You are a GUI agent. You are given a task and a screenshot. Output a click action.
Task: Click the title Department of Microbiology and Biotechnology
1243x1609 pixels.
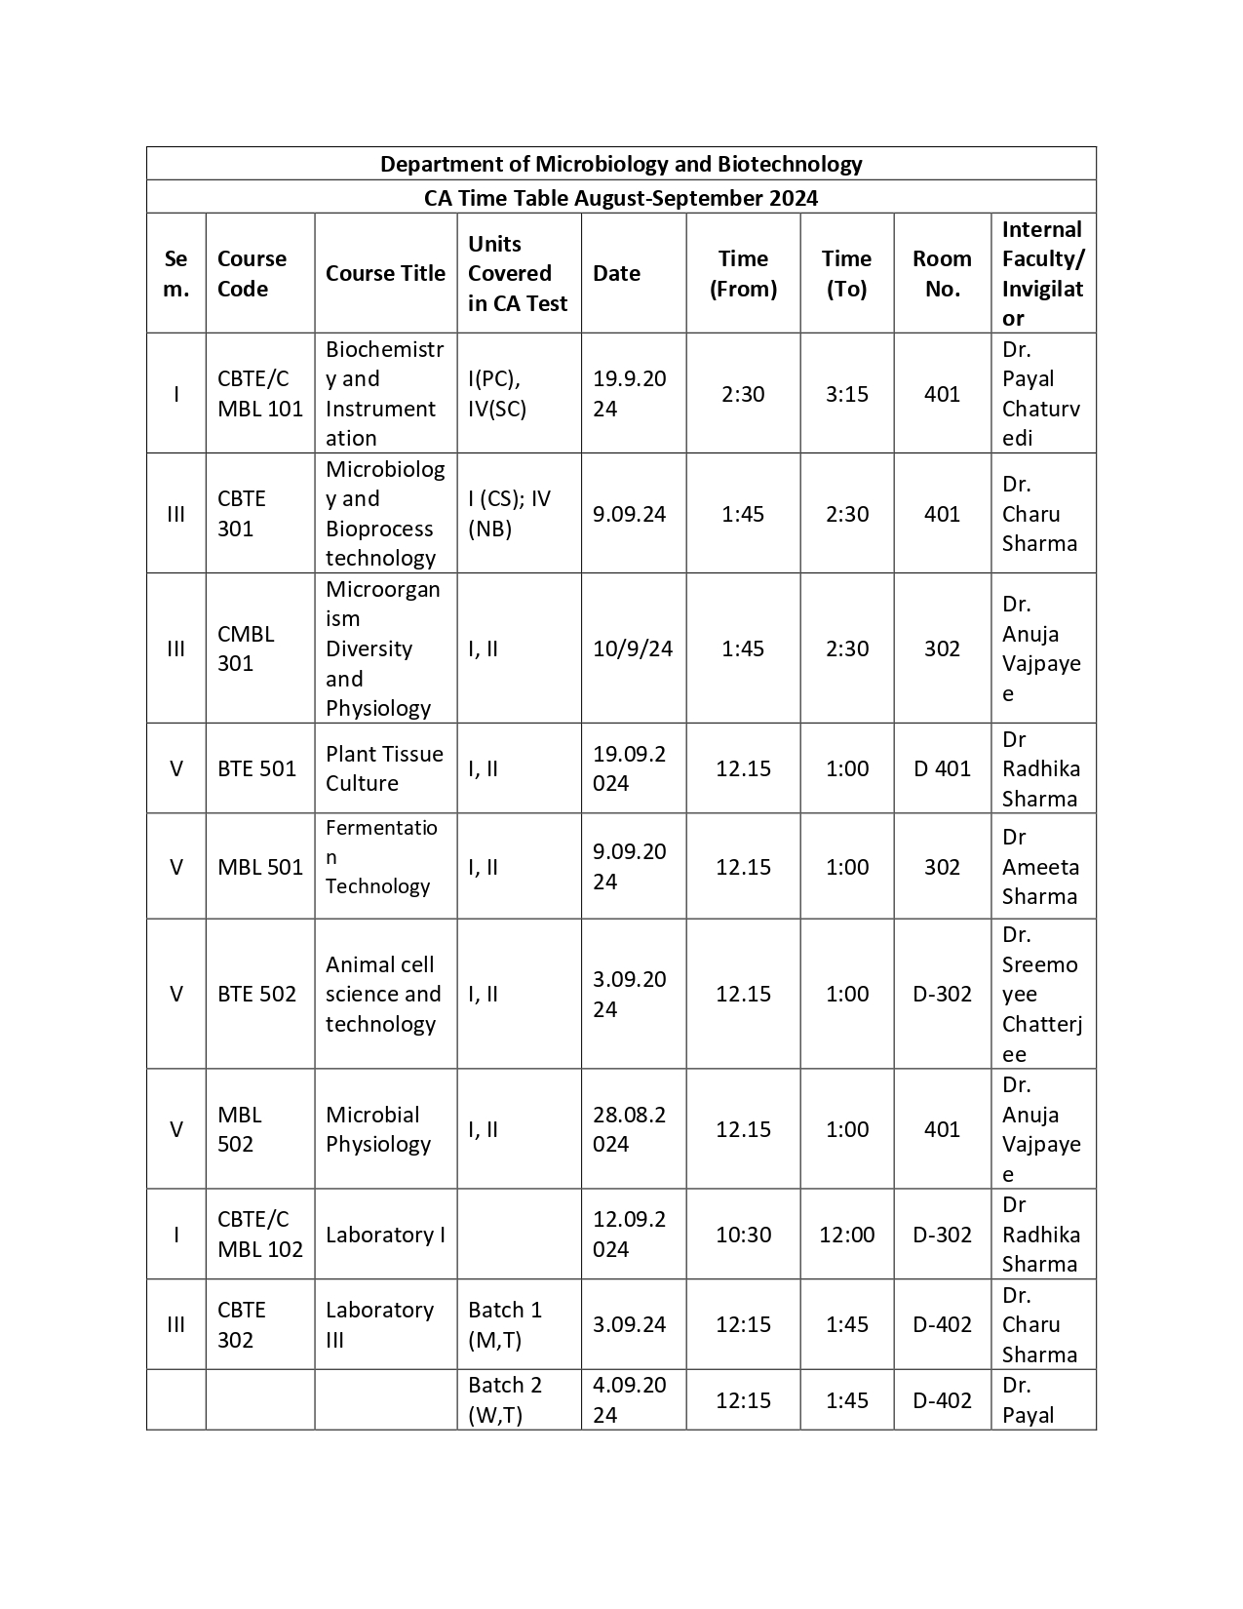pos(621,164)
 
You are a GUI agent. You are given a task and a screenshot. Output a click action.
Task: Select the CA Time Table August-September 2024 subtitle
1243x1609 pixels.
pos(621,198)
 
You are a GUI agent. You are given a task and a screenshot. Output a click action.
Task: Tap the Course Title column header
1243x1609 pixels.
pos(385,274)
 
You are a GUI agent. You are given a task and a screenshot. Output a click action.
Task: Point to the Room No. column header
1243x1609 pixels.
pos(942,274)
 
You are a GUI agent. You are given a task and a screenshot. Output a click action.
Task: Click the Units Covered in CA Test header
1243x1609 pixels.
pos(518,274)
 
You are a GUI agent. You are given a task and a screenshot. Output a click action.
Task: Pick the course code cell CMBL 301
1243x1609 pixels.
pos(246,648)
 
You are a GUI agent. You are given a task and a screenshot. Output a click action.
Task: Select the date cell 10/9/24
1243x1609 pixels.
pos(633,648)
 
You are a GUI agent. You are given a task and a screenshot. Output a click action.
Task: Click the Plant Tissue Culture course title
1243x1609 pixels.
pos(384,768)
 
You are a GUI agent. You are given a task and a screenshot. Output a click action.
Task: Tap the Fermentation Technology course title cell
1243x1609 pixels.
pos(381,857)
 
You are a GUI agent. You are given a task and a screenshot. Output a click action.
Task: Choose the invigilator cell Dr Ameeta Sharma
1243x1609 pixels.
pos(1040,867)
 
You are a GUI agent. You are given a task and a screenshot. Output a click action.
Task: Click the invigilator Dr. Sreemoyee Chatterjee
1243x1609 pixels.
pos(1041,995)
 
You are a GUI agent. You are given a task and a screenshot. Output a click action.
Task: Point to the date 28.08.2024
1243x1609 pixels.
pos(630,1129)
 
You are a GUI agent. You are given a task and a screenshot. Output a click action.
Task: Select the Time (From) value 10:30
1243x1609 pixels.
pos(743,1235)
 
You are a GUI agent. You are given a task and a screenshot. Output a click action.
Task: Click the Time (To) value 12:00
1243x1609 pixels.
pos(846,1235)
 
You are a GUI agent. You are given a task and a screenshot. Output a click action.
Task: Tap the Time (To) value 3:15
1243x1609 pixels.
pos(846,394)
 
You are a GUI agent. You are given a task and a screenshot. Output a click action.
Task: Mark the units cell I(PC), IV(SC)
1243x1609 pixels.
pos(497,394)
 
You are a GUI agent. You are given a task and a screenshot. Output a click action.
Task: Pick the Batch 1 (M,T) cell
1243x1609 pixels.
pos(505,1325)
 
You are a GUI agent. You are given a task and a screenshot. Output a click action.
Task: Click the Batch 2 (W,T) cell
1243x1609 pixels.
pos(505,1400)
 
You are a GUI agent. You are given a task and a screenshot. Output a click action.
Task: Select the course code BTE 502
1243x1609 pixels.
pos(256,995)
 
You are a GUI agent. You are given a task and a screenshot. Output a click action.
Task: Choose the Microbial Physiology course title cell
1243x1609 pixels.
pos(378,1129)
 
